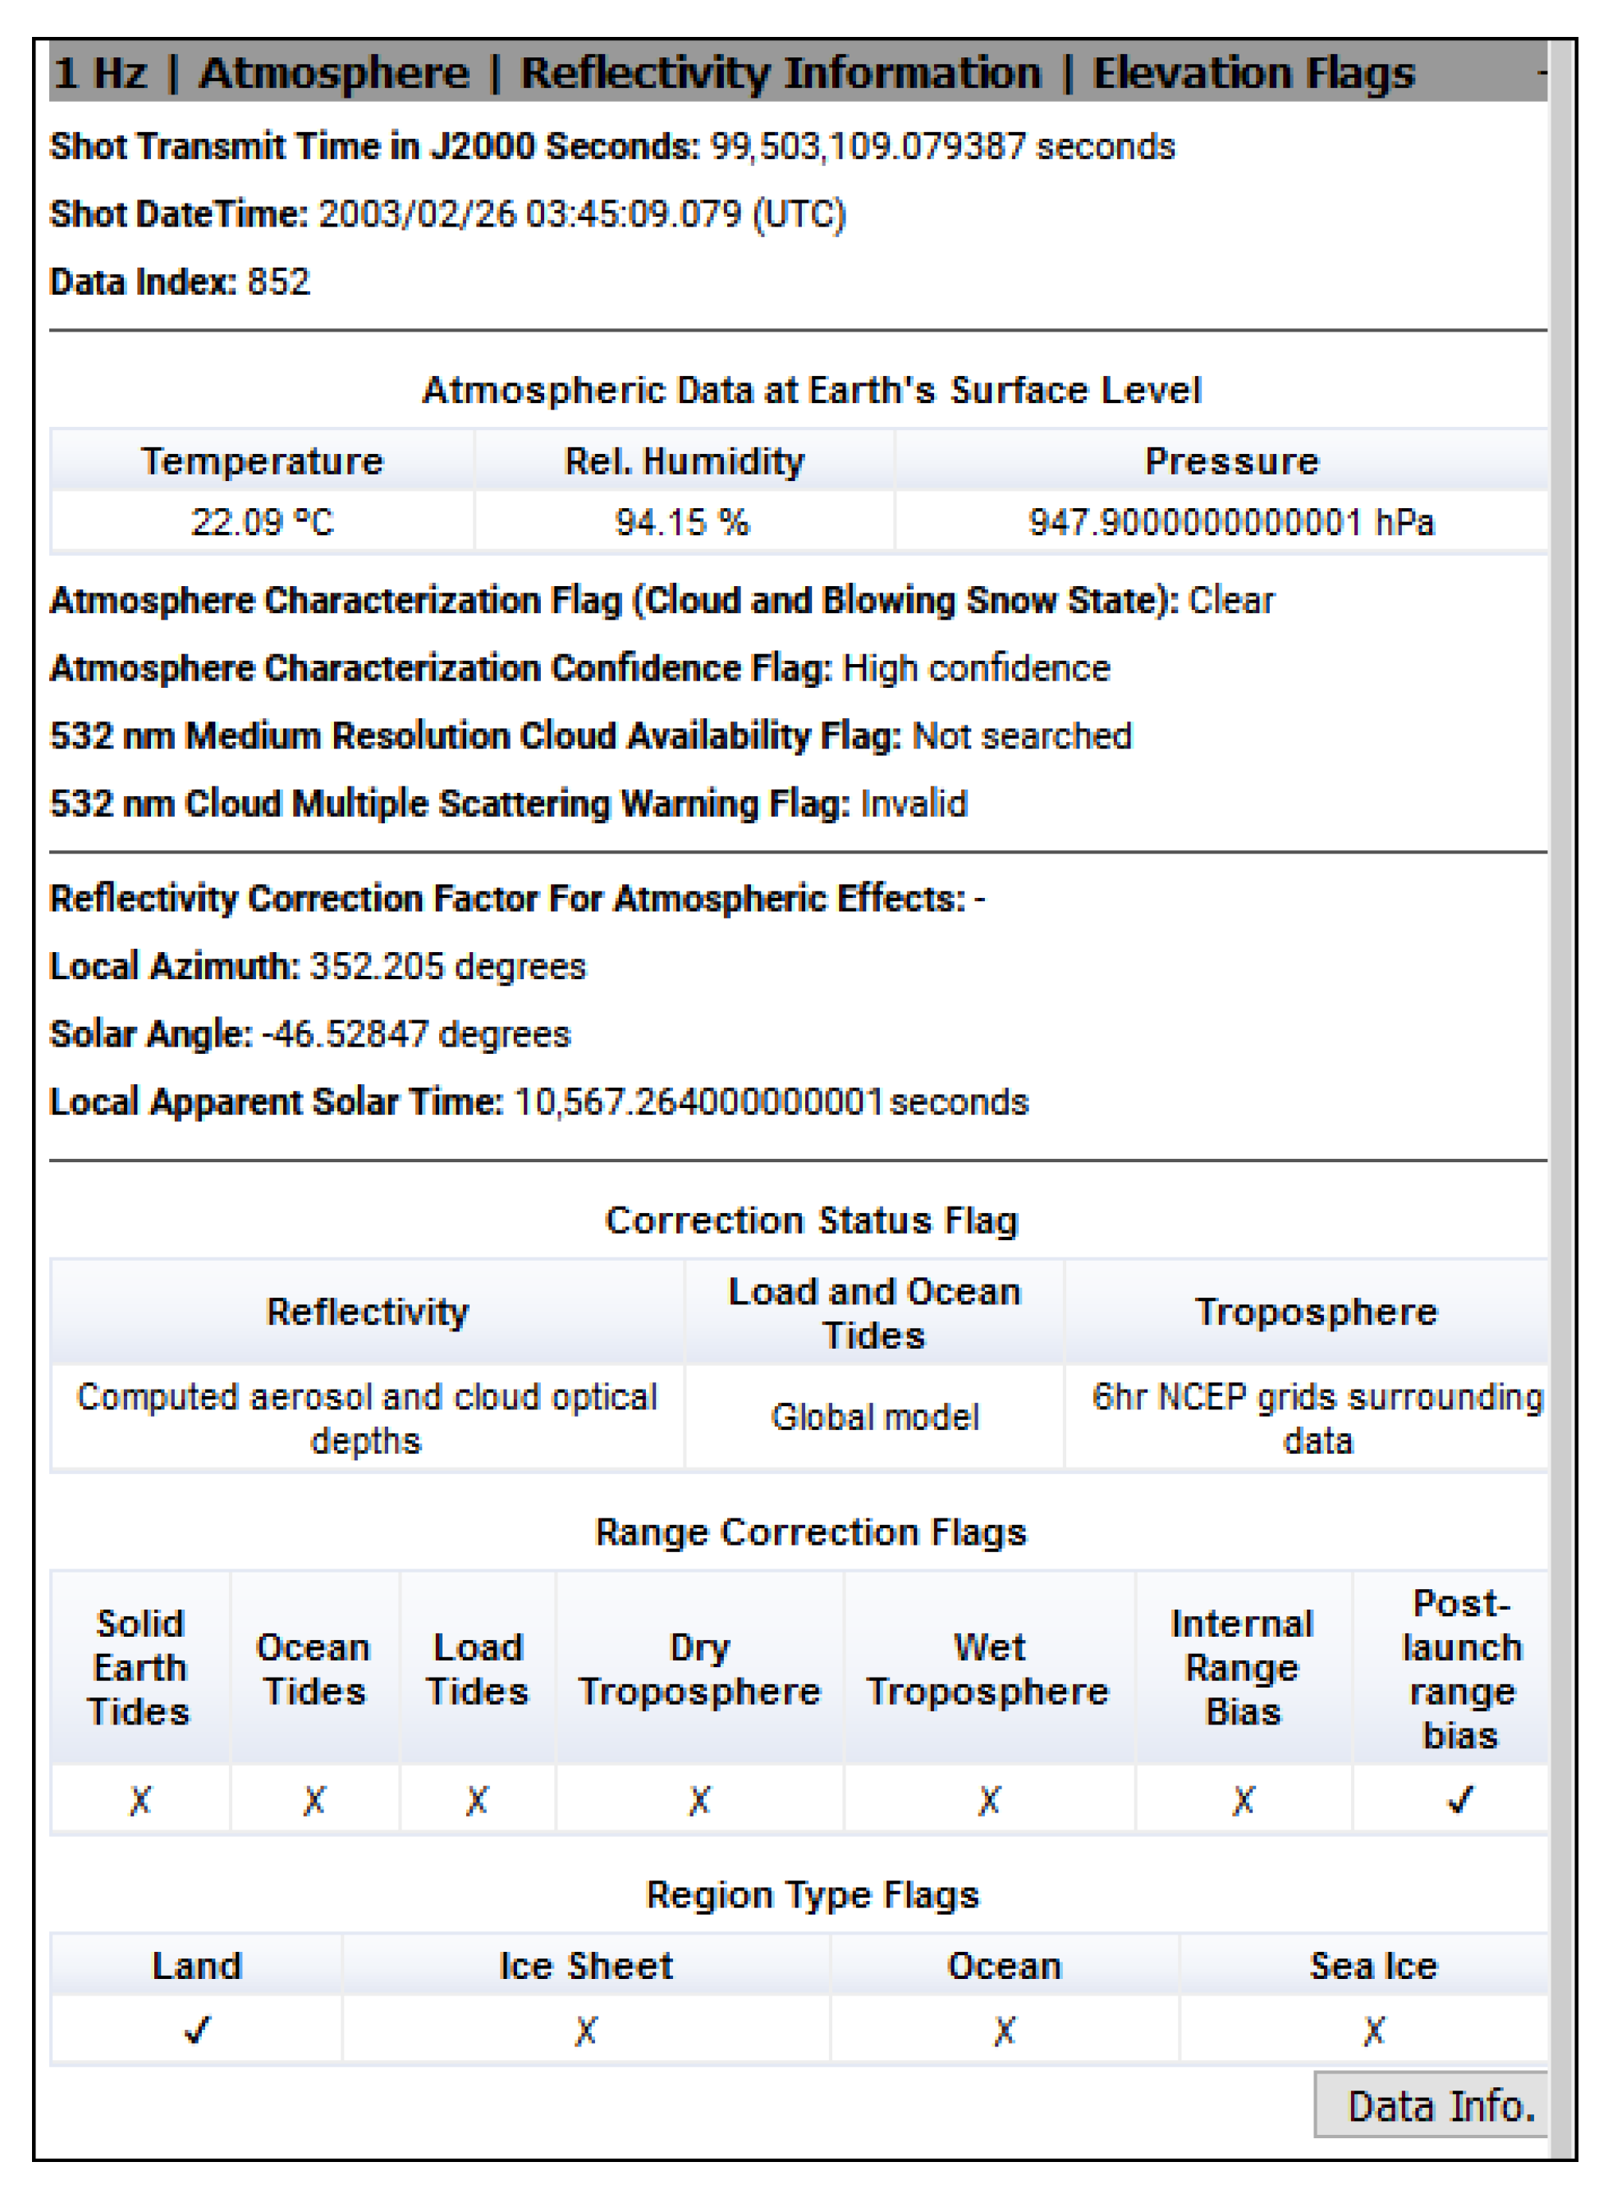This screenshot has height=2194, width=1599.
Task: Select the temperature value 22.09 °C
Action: coord(263,523)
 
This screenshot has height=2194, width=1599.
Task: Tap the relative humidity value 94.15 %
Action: coord(682,523)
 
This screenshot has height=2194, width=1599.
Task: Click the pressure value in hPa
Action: coord(1230,523)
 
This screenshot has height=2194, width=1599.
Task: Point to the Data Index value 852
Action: coord(279,282)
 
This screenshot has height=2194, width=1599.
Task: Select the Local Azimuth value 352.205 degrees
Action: coord(447,966)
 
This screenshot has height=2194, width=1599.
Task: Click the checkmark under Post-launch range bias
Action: coord(1459,1800)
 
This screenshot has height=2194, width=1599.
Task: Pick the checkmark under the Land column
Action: coord(196,2030)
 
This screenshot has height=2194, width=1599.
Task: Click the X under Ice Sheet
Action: coord(585,2030)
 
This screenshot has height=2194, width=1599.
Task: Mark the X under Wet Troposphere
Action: coord(988,1800)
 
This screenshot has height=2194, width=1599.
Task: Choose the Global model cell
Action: coord(875,1417)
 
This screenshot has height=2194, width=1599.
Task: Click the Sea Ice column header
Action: coord(1373,1966)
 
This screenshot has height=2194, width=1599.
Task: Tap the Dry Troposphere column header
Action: coord(699,1669)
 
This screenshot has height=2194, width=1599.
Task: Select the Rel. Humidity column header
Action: coord(685,460)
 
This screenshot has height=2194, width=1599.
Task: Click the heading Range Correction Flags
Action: coord(811,1532)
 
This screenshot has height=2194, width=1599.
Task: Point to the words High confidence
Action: coord(977,668)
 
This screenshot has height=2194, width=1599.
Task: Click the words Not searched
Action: coord(1022,735)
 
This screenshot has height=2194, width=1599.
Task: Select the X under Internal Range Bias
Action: coord(1243,1800)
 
